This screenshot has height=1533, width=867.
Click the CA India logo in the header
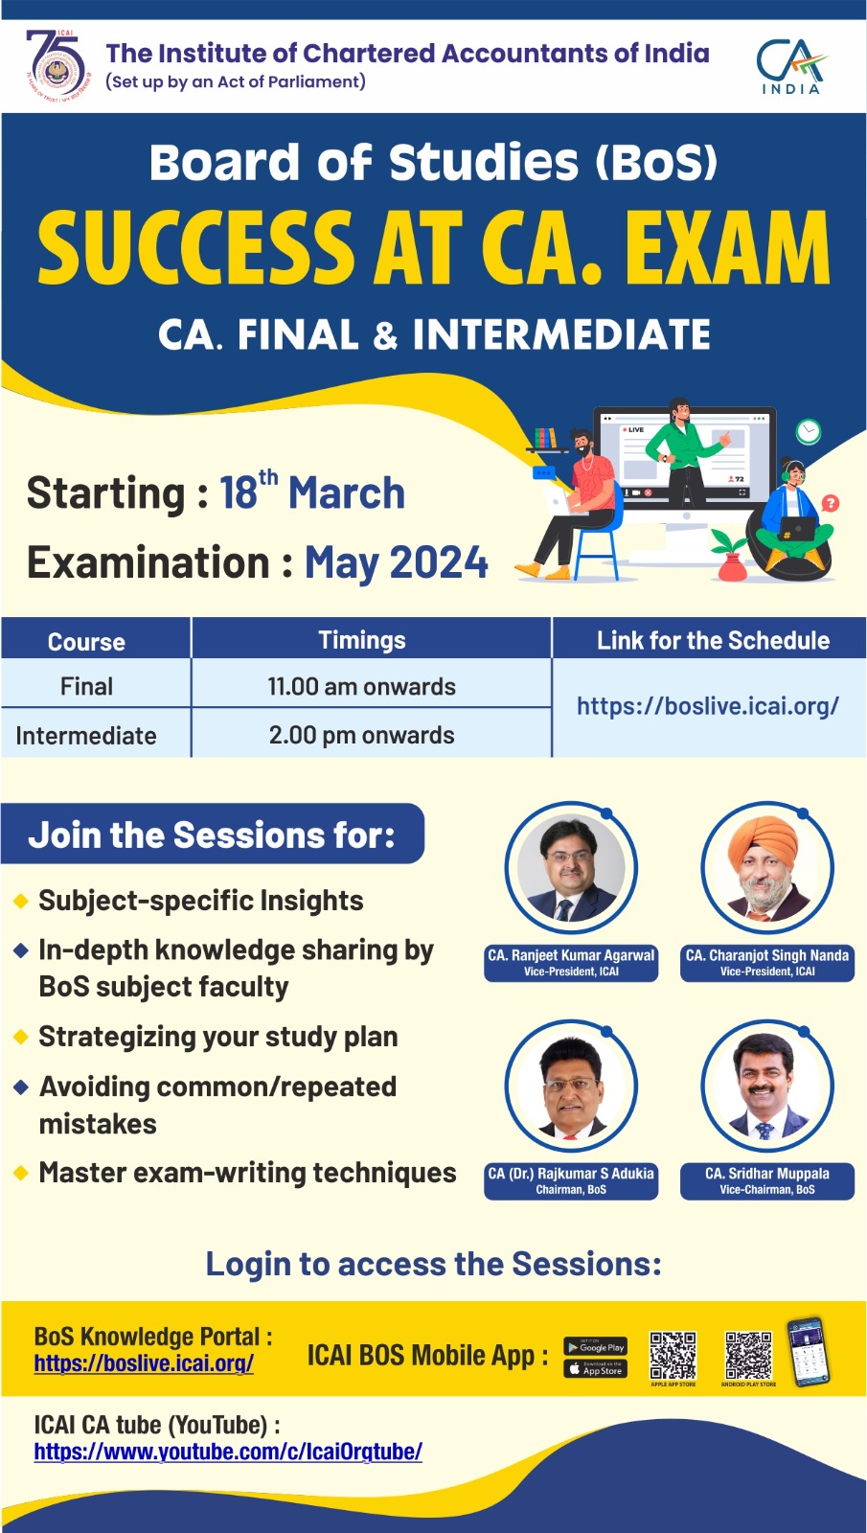tap(790, 66)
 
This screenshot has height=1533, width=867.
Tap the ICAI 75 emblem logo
tap(57, 65)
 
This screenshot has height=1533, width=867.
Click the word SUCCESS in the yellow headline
tap(196, 248)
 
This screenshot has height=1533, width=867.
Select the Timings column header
tap(362, 640)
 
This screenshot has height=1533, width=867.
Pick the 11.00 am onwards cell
tap(362, 686)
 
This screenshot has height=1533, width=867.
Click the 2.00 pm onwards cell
tap(362, 735)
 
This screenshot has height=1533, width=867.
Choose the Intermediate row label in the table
tap(86, 736)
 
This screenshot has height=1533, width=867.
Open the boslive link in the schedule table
tap(707, 706)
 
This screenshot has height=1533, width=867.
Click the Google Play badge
tap(595, 1346)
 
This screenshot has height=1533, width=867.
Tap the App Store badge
tap(595, 1369)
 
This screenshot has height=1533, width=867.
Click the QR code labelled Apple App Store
tap(673, 1355)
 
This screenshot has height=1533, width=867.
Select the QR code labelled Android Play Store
tap(748, 1355)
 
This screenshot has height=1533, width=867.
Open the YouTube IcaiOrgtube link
tap(228, 1452)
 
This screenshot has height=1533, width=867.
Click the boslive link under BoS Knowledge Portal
tap(144, 1362)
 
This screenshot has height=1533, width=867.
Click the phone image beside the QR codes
tap(808, 1352)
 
